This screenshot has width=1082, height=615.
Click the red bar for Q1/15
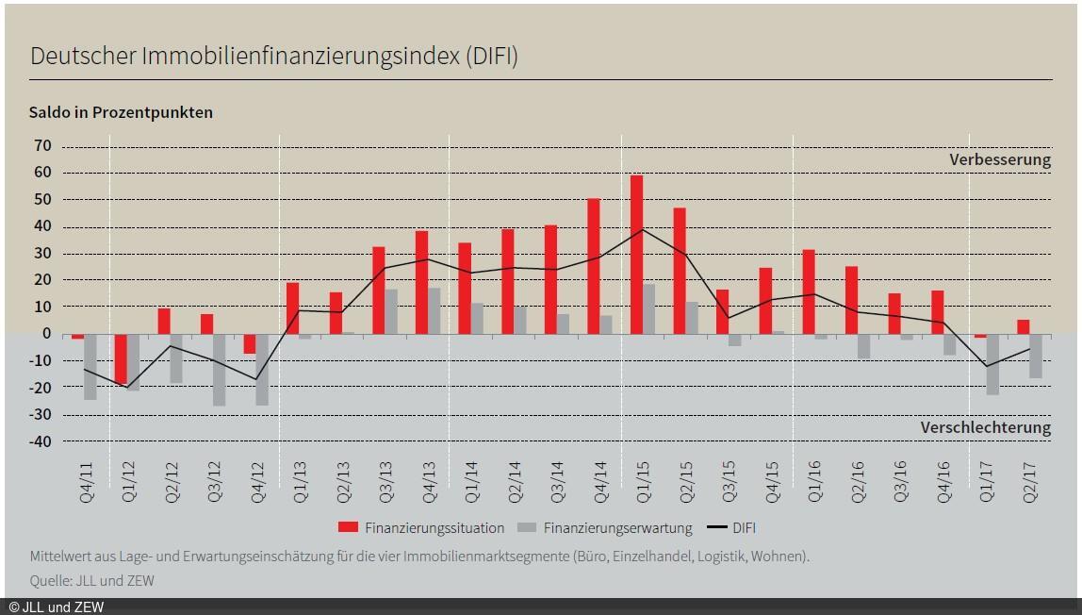tap(637, 254)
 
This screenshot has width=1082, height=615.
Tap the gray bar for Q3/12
tap(220, 369)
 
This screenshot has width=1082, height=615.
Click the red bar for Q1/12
tap(121, 358)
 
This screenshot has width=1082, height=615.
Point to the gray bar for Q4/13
tap(434, 310)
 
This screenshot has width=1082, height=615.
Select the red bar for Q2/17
tap(1024, 326)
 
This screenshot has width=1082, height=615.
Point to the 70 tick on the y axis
tap(42, 146)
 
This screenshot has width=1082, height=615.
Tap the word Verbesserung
tap(999, 159)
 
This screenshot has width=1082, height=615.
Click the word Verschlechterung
tap(985, 427)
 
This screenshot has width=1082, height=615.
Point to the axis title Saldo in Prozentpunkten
tap(121, 112)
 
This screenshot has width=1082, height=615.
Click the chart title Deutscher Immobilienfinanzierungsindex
tap(273, 56)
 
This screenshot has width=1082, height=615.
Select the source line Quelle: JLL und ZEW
tap(91, 581)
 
